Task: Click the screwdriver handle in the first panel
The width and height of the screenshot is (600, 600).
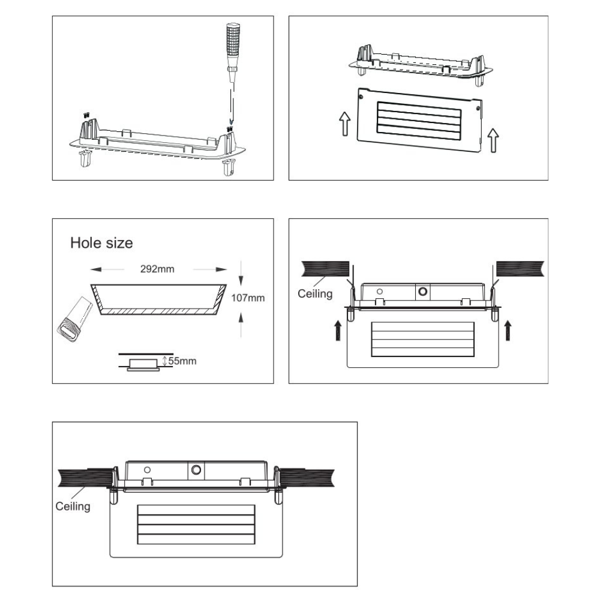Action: pyautogui.click(x=233, y=46)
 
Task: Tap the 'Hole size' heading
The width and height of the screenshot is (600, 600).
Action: pyautogui.click(x=101, y=243)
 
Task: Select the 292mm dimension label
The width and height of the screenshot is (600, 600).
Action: pyautogui.click(x=157, y=269)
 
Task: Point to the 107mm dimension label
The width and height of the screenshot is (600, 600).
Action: pyautogui.click(x=248, y=298)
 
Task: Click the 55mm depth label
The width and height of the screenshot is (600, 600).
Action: pyautogui.click(x=182, y=361)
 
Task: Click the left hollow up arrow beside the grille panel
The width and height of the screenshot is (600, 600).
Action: pyautogui.click(x=345, y=123)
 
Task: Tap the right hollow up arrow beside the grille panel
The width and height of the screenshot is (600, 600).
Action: pyautogui.click(x=494, y=140)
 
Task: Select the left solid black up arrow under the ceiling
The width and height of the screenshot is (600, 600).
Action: pyautogui.click(x=338, y=330)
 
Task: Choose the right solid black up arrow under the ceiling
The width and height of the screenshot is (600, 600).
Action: pyautogui.click(x=508, y=330)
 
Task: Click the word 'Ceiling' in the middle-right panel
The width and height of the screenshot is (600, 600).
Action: pyautogui.click(x=315, y=293)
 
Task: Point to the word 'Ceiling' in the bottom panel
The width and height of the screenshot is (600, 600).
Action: pyautogui.click(x=73, y=506)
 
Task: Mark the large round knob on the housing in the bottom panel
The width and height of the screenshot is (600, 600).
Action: pyautogui.click(x=196, y=470)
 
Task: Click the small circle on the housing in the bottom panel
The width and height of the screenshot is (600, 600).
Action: pyautogui.click(x=147, y=470)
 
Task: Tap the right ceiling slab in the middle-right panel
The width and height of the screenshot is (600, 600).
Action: pyautogui.click(x=520, y=269)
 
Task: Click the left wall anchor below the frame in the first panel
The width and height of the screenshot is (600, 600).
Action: pyautogui.click(x=85, y=158)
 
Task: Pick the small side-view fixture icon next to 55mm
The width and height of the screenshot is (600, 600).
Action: pyautogui.click(x=143, y=365)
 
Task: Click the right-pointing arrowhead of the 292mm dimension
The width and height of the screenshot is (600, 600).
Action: pyautogui.click(x=221, y=269)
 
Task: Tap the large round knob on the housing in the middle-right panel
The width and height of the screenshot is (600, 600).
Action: pyautogui.click(x=423, y=292)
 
